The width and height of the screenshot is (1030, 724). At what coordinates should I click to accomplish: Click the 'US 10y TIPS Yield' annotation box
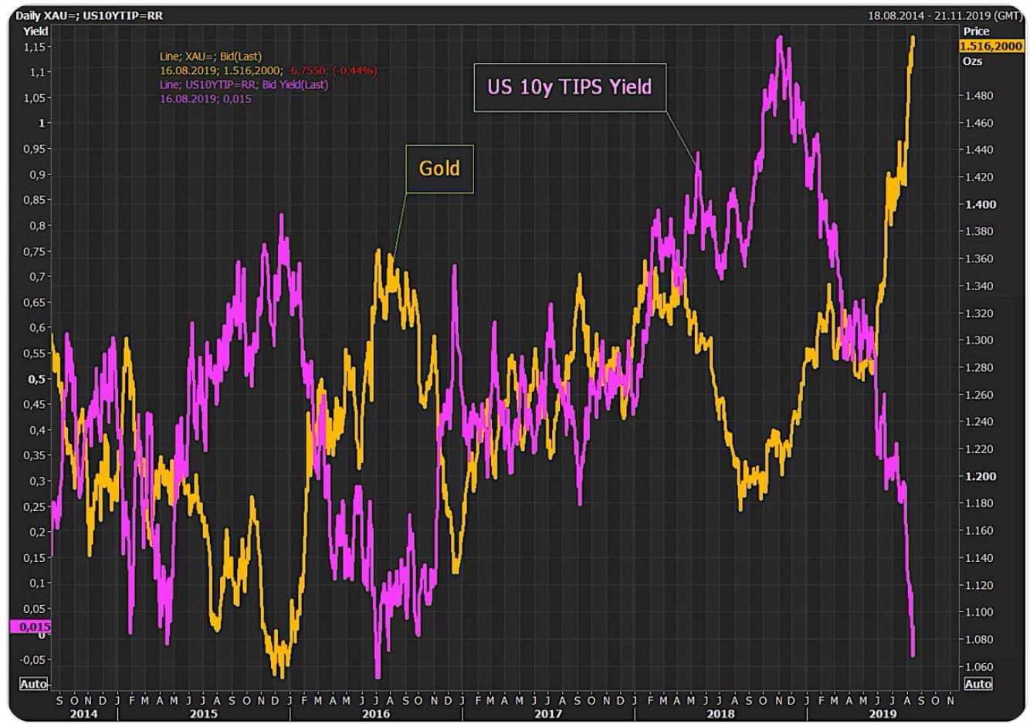click(569, 87)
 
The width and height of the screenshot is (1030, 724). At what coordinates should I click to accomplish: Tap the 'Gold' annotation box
click(439, 168)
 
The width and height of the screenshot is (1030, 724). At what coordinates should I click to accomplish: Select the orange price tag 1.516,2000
click(991, 46)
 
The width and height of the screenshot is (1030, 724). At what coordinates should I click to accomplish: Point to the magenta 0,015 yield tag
click(31, 626)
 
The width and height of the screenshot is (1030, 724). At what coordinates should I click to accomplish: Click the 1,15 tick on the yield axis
click(36, 46)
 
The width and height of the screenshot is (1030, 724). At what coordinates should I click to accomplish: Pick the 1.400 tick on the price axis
click(980, 205)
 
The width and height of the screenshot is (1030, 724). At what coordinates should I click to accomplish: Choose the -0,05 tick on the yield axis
click(33, 660)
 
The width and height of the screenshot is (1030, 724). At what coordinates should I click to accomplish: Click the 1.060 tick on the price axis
click(980, 667)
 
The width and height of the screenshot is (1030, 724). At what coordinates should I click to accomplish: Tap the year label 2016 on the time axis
click(376, 714)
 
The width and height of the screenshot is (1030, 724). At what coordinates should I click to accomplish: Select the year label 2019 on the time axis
click(883, 714)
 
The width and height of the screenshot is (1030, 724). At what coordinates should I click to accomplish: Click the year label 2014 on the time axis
click(83, 714)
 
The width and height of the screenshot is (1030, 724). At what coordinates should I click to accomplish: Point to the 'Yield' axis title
click(36, 31)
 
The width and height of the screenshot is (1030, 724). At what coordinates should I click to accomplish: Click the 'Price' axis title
click(976, 31)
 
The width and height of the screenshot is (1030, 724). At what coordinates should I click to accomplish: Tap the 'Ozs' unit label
click(972, 61)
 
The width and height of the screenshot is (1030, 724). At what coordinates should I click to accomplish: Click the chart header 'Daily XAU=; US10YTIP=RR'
click(90, 15)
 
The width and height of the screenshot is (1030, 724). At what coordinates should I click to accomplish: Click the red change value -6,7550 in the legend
click(307, 70)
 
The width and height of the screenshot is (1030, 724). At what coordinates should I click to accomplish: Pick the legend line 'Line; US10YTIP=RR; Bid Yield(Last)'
click(244, 84)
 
